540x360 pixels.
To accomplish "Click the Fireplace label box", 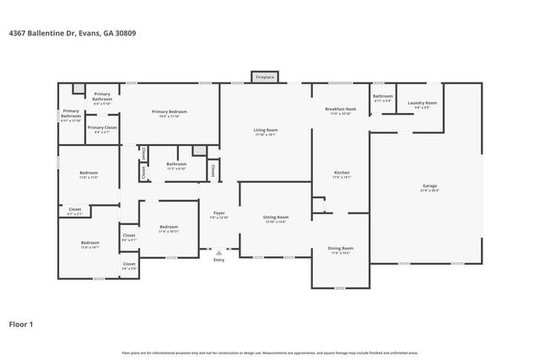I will point(266,77).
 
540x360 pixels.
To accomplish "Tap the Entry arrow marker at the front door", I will point(219,251).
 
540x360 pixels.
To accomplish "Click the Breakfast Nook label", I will point(340,110).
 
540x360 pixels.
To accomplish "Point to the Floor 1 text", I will point(21,323).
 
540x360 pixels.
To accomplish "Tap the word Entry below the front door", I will point(219,260).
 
